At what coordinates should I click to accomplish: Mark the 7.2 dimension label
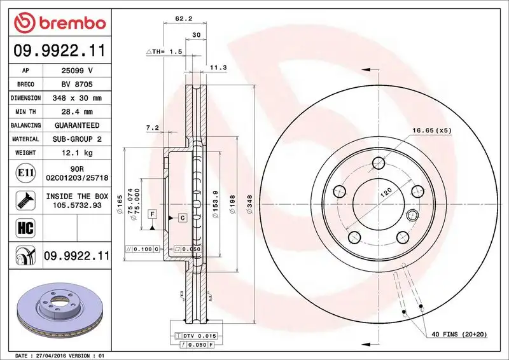pyautogui.click(x=152, y=128)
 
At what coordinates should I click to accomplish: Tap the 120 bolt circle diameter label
pyautogui.click(x=385, y=192)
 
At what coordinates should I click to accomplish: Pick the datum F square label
pyautogui.click(x=153, y=213)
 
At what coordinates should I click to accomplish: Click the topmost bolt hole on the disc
pyautogui.click(x=379, y=162)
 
